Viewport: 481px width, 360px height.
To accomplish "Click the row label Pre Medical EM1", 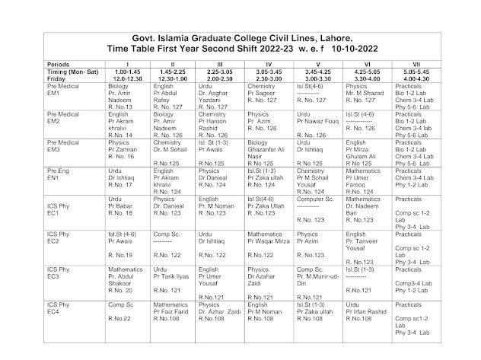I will pyautogui.click(x=62, y=90).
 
